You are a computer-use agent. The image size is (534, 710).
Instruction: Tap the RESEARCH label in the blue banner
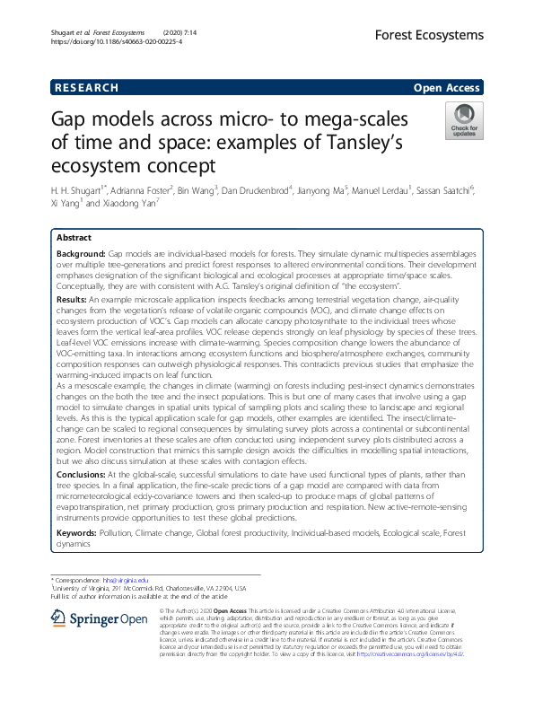click(x=86, y=88)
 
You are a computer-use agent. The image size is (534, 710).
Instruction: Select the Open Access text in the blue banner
click(x=447, y=88)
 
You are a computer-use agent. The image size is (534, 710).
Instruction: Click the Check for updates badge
click(x=463, y=119)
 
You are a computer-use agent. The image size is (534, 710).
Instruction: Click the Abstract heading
click(x=74, y=238)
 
